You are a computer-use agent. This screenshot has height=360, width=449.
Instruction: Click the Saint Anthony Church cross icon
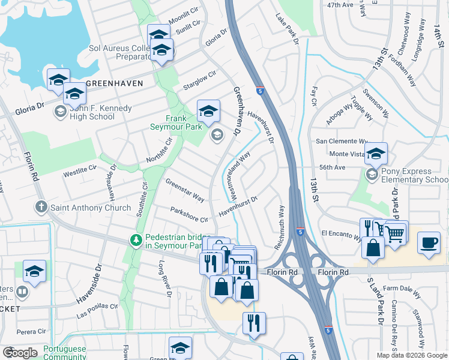[41, 208]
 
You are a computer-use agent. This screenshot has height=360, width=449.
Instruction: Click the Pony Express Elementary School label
[415, 175]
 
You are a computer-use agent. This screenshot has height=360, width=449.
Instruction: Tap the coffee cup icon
[428, 243]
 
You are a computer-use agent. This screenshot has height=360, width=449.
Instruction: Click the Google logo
[20, 352]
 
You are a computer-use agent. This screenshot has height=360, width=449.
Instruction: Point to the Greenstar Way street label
[185, 190]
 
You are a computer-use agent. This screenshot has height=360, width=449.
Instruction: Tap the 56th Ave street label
[334, 169]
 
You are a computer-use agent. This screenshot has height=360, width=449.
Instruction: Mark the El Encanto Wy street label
[341, 234]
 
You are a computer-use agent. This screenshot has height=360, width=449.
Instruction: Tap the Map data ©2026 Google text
[412, 355]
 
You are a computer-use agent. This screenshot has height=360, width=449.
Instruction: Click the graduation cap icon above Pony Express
[376, 154]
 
